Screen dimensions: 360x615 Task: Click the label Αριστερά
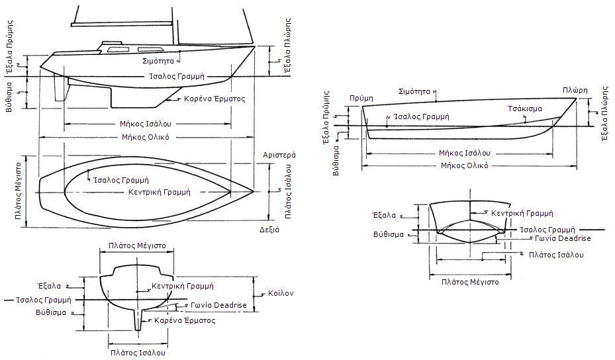(279, 154)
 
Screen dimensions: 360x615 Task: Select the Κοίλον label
(281, 292)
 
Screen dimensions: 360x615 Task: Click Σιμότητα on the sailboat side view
(158, 61)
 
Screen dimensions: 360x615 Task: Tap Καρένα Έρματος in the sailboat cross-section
(185, 320)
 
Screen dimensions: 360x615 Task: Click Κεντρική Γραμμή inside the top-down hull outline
(160, 192)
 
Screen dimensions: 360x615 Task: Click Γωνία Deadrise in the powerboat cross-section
(565, 238)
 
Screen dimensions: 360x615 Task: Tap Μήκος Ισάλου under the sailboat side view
(146, 124)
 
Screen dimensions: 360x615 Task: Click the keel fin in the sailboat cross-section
(138, 320)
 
